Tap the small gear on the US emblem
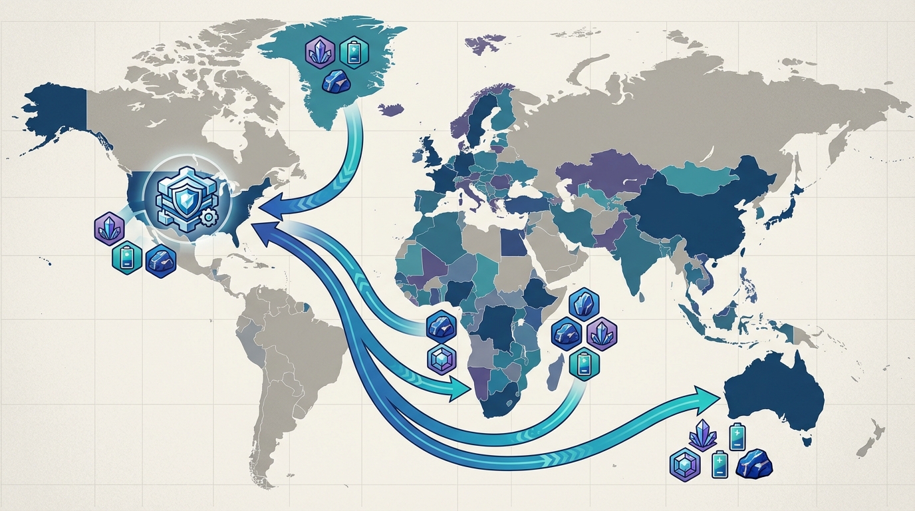tap(207, 217)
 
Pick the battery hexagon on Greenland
tap(353, 51)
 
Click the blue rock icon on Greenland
tap(335, 81)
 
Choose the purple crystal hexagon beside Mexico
tap(108, 228)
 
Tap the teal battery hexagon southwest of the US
tap(126, 258)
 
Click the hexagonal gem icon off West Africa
tap(440, 359)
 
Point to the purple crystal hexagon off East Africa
tap(602, 332)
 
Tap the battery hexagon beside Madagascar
tap(585, 363)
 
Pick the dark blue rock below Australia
tap(755, 463)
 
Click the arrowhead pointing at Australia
tap(710, 395)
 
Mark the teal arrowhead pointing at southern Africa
tap(461, 389)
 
